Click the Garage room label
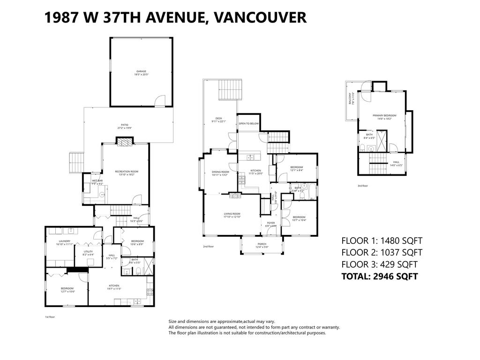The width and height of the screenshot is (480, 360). (141, 73)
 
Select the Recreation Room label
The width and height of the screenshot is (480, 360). (127, 173)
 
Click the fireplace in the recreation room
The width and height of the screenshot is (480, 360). (125, 142)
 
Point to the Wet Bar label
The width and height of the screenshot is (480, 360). (97, 182)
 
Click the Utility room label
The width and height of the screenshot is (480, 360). (88, 253)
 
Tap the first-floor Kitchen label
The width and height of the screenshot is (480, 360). (114, 287)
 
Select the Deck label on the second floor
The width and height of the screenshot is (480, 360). (218, 120)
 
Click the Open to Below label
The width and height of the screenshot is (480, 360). (248, 123)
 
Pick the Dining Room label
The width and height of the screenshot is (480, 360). (219, 173)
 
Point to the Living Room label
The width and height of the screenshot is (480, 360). (232, 215)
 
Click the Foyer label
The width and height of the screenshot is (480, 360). (271, 224)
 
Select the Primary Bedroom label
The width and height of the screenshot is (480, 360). (384, 117)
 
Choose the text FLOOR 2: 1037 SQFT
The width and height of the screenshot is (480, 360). (382, 253)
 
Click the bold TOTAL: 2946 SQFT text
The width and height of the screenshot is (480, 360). (379, 276)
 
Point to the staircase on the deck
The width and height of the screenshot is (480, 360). (231, 90)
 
